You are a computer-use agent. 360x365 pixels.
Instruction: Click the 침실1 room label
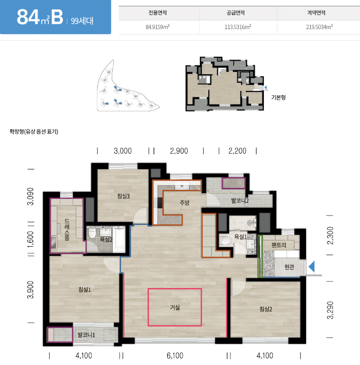(x=84, y=289)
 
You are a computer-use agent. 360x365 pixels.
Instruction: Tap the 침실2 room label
(x=266, y=309)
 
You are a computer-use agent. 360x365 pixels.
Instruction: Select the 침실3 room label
(x=123, y=196)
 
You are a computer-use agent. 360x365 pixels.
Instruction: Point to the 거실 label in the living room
(x=175, y=308)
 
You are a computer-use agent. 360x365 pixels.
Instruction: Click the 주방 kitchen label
(x=184, y=202)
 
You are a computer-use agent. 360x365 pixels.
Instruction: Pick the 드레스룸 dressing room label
(x=67, y=230)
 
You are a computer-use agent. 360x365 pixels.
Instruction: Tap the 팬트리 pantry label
(x=279, y=245)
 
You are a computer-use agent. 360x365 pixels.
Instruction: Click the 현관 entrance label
(x=289, y=267)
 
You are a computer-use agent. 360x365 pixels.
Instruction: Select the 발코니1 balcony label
(x=86, y=335)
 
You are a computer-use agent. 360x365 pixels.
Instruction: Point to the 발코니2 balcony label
(x=240, y=201)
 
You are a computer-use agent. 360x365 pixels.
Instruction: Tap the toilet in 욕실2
(x=92, y=233)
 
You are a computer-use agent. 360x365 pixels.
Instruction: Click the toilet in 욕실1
(x=226, y=241)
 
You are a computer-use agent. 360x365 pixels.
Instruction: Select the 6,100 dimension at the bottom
(x=175, y=356)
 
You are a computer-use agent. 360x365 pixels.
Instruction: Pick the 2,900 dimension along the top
(x=179, y=151)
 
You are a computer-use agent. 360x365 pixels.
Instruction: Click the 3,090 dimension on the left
(x=31, y=196)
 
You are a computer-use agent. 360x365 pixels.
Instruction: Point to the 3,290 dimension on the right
(x=330, y=310)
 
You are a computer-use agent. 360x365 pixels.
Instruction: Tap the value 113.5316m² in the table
(x=238, y=27)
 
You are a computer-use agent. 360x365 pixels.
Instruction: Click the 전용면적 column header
(x=158, y=13)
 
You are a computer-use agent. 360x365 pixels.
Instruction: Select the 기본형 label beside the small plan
(x=278, y=97)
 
